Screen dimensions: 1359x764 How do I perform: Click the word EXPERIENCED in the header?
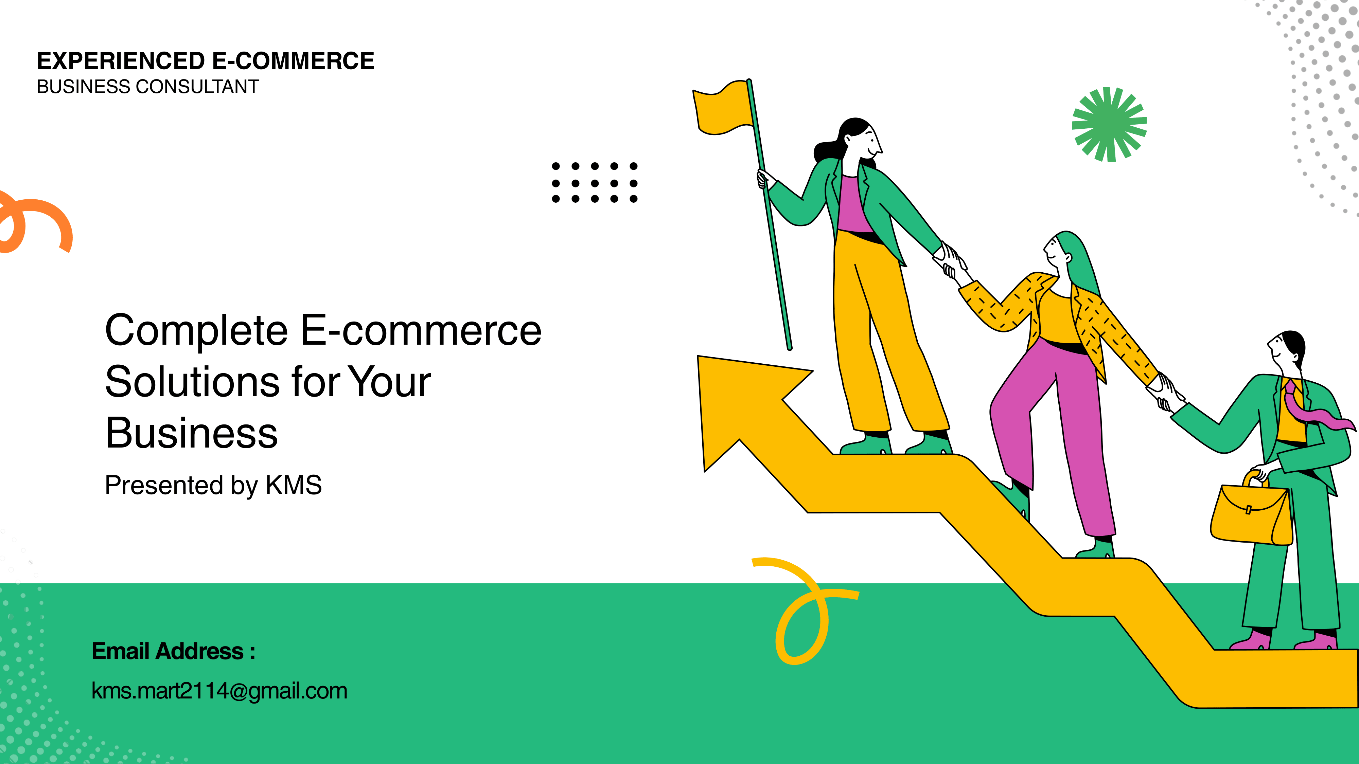(121, 61)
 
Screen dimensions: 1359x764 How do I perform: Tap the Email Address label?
(174, 651)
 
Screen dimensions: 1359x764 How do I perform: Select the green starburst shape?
(1110, 124)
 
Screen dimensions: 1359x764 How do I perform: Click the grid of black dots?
(595, 182)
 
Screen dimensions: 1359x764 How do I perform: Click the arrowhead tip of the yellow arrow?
(699, 357)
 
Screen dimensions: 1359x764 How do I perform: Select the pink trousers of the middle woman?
(1050, 432)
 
